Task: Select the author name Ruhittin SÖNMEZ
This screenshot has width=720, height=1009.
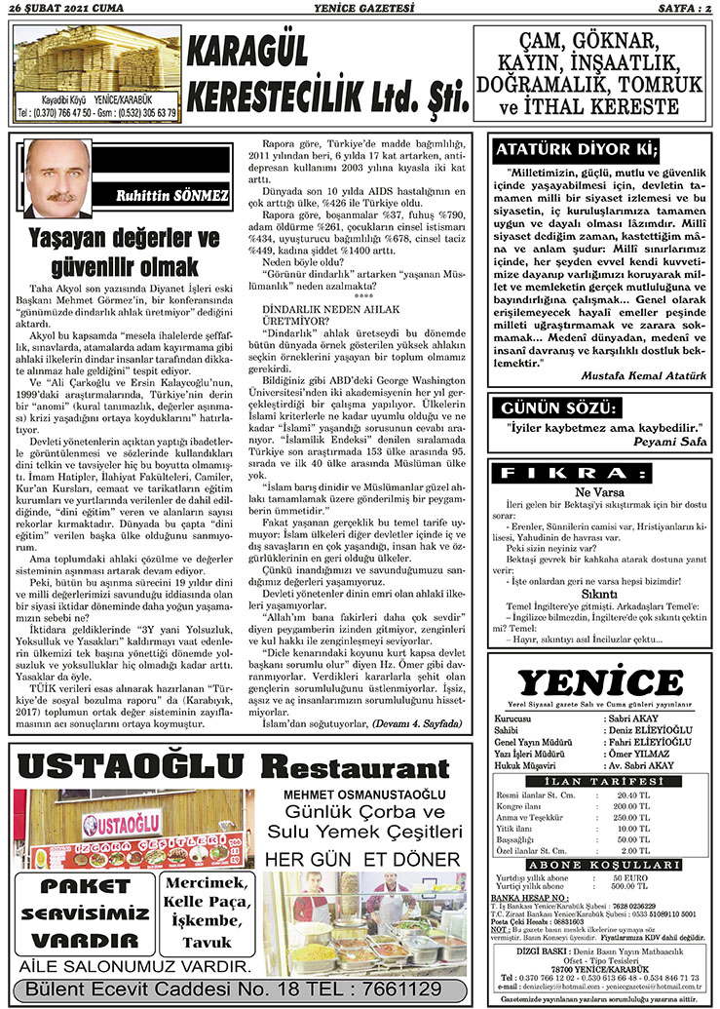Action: tap(171, 196)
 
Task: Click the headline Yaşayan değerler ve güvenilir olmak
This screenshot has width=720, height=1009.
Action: tap(123, 251)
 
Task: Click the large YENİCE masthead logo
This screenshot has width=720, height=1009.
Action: tap(599, 681)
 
